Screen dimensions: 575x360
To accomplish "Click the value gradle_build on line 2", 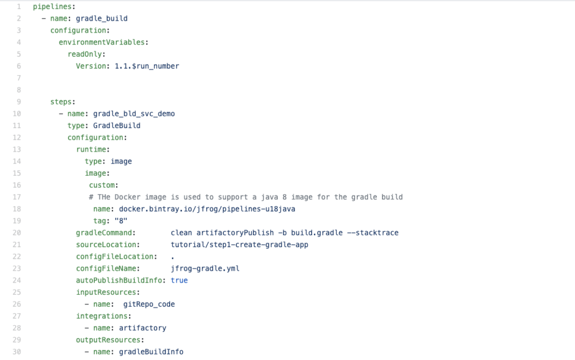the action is click(x=102, y=19).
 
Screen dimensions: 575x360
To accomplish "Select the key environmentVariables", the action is click(x=102, y=42).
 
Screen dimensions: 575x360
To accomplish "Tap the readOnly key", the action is click(x=85, y=54).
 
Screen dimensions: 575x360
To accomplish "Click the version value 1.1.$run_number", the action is click(x=147, y=66).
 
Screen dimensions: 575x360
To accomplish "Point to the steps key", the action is click(x=61, y=102).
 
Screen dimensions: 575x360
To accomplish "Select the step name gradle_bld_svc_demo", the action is click(x=134, y=114).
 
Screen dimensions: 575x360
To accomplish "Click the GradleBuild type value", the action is click(x=117, y=126).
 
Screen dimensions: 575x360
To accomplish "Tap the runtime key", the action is click(x=91, y=149).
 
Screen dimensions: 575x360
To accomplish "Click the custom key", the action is click(x=102, y=185).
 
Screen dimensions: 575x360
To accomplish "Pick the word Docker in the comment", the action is click(x=127, y=197).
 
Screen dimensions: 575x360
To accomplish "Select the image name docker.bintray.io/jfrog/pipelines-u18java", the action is click(x=207, y=209).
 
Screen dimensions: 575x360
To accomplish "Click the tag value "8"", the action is click(x=121, y=221).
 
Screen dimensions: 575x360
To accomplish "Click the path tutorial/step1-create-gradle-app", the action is click(x=239, y=245).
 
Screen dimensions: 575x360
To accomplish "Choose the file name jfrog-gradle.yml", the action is click(x=205, y=268).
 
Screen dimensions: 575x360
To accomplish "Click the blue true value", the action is click(x=179, y=280).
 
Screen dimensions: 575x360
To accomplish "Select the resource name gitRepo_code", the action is click(x=149, y=304).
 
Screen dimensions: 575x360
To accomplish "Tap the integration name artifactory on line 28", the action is click(x=143, y=328).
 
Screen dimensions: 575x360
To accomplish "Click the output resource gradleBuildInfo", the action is click(x=151, y=352).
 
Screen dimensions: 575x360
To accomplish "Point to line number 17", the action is click(x=17, y=197).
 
